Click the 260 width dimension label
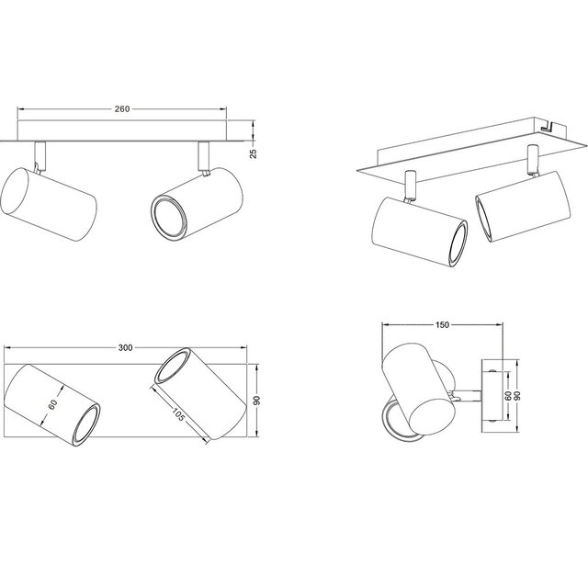[122, 108]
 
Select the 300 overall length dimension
[126, 348]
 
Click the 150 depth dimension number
[442, 323]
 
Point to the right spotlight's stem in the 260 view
[204, 156]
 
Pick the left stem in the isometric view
[409, 187]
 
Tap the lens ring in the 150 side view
[393, 418]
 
